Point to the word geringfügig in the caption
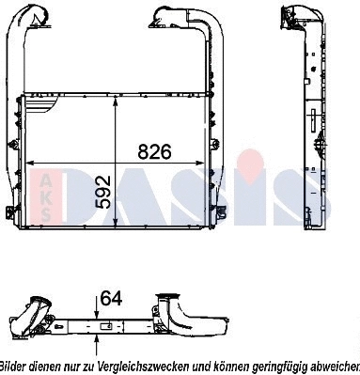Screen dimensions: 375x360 click(x=274, y=366)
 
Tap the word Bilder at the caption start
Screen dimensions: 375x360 click(x=12, y=366)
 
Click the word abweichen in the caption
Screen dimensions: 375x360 click(x=331, y=366)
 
